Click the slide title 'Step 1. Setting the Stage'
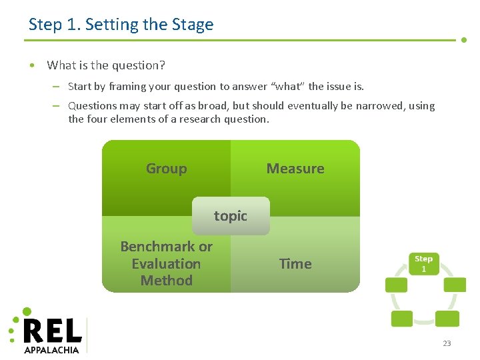click(x=121, y=25)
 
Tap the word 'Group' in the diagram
click(x=166, y=169)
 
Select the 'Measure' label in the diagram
click(x=295, y=169)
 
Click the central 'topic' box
click(x=231, y=216)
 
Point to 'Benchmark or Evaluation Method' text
click(x=166, y=263)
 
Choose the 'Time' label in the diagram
click(x=295, y=264)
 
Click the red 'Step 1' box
click(x=423, y=263)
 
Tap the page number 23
click(x=447, y=343)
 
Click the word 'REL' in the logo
click(x=53, y=331)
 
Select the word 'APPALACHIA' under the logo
click(x=51, y=349)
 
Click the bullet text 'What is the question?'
click(x=106, y=65)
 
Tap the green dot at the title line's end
click(x=464, y=40)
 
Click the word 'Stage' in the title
click(x=193, y=25)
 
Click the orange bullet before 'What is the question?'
click(x=32, y=65)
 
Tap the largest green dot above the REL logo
click(x=27, y=311)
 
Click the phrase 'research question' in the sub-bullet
click(x=227, y=120)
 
